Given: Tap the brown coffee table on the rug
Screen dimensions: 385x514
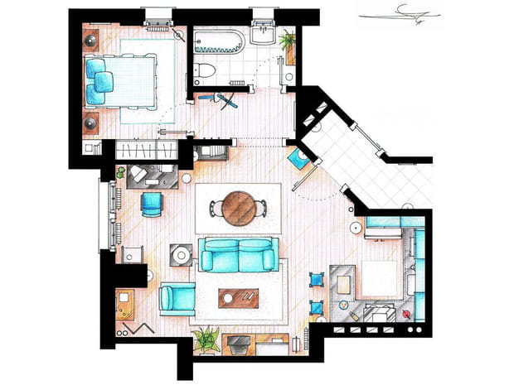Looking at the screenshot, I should (239, 297).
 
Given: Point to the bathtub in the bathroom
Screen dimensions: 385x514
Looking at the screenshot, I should (219, 41).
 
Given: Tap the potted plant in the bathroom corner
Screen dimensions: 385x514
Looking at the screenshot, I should (288, 41).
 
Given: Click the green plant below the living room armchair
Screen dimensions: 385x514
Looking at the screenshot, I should (205, 338).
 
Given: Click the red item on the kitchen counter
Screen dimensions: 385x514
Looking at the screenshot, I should (405, 315).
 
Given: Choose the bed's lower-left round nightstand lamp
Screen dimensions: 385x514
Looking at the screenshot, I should (90, 123).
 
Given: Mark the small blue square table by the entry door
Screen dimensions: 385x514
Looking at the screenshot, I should (294, 157).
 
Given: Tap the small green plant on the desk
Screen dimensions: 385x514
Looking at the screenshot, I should (121, 173).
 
